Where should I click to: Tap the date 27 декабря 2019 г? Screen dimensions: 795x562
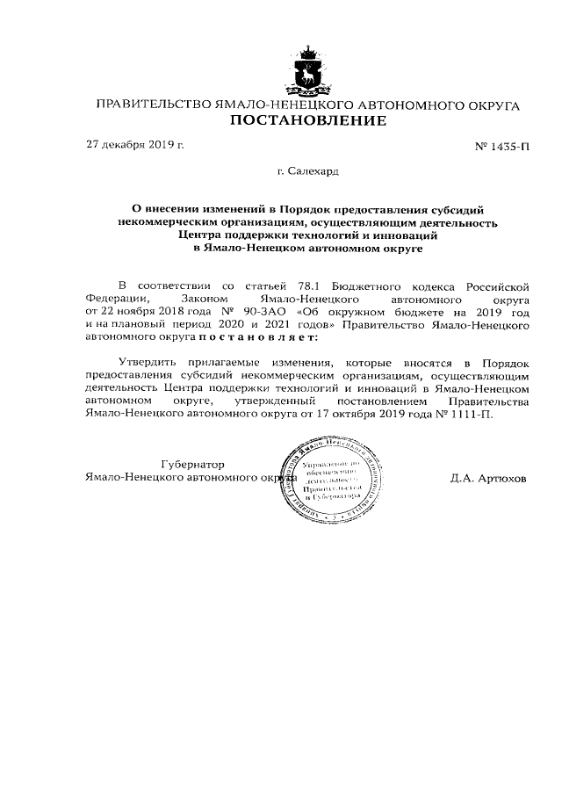point(134,145)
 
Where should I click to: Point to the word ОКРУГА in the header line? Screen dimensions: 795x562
point(487,105)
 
